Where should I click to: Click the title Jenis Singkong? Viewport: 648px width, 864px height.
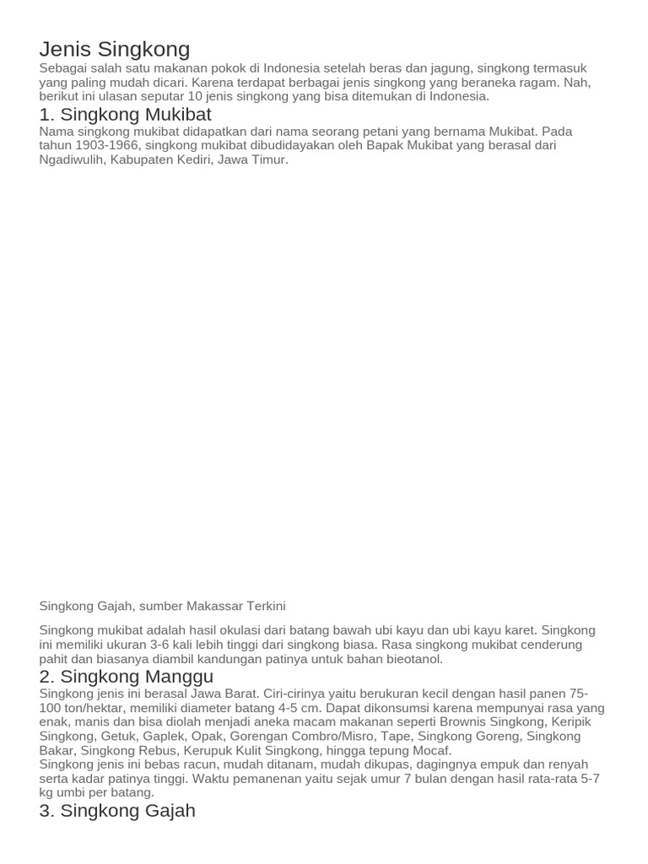(115, 49)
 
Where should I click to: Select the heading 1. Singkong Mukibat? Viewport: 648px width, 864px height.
(125, 115)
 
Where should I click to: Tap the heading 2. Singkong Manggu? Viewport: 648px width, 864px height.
(126, 677)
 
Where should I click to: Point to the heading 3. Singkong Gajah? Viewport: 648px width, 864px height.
(117, 811)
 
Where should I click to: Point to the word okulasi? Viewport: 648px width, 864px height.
(240, 630)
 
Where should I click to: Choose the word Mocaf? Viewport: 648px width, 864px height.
(431, 750)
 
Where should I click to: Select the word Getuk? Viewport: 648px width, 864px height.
(117, 737)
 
